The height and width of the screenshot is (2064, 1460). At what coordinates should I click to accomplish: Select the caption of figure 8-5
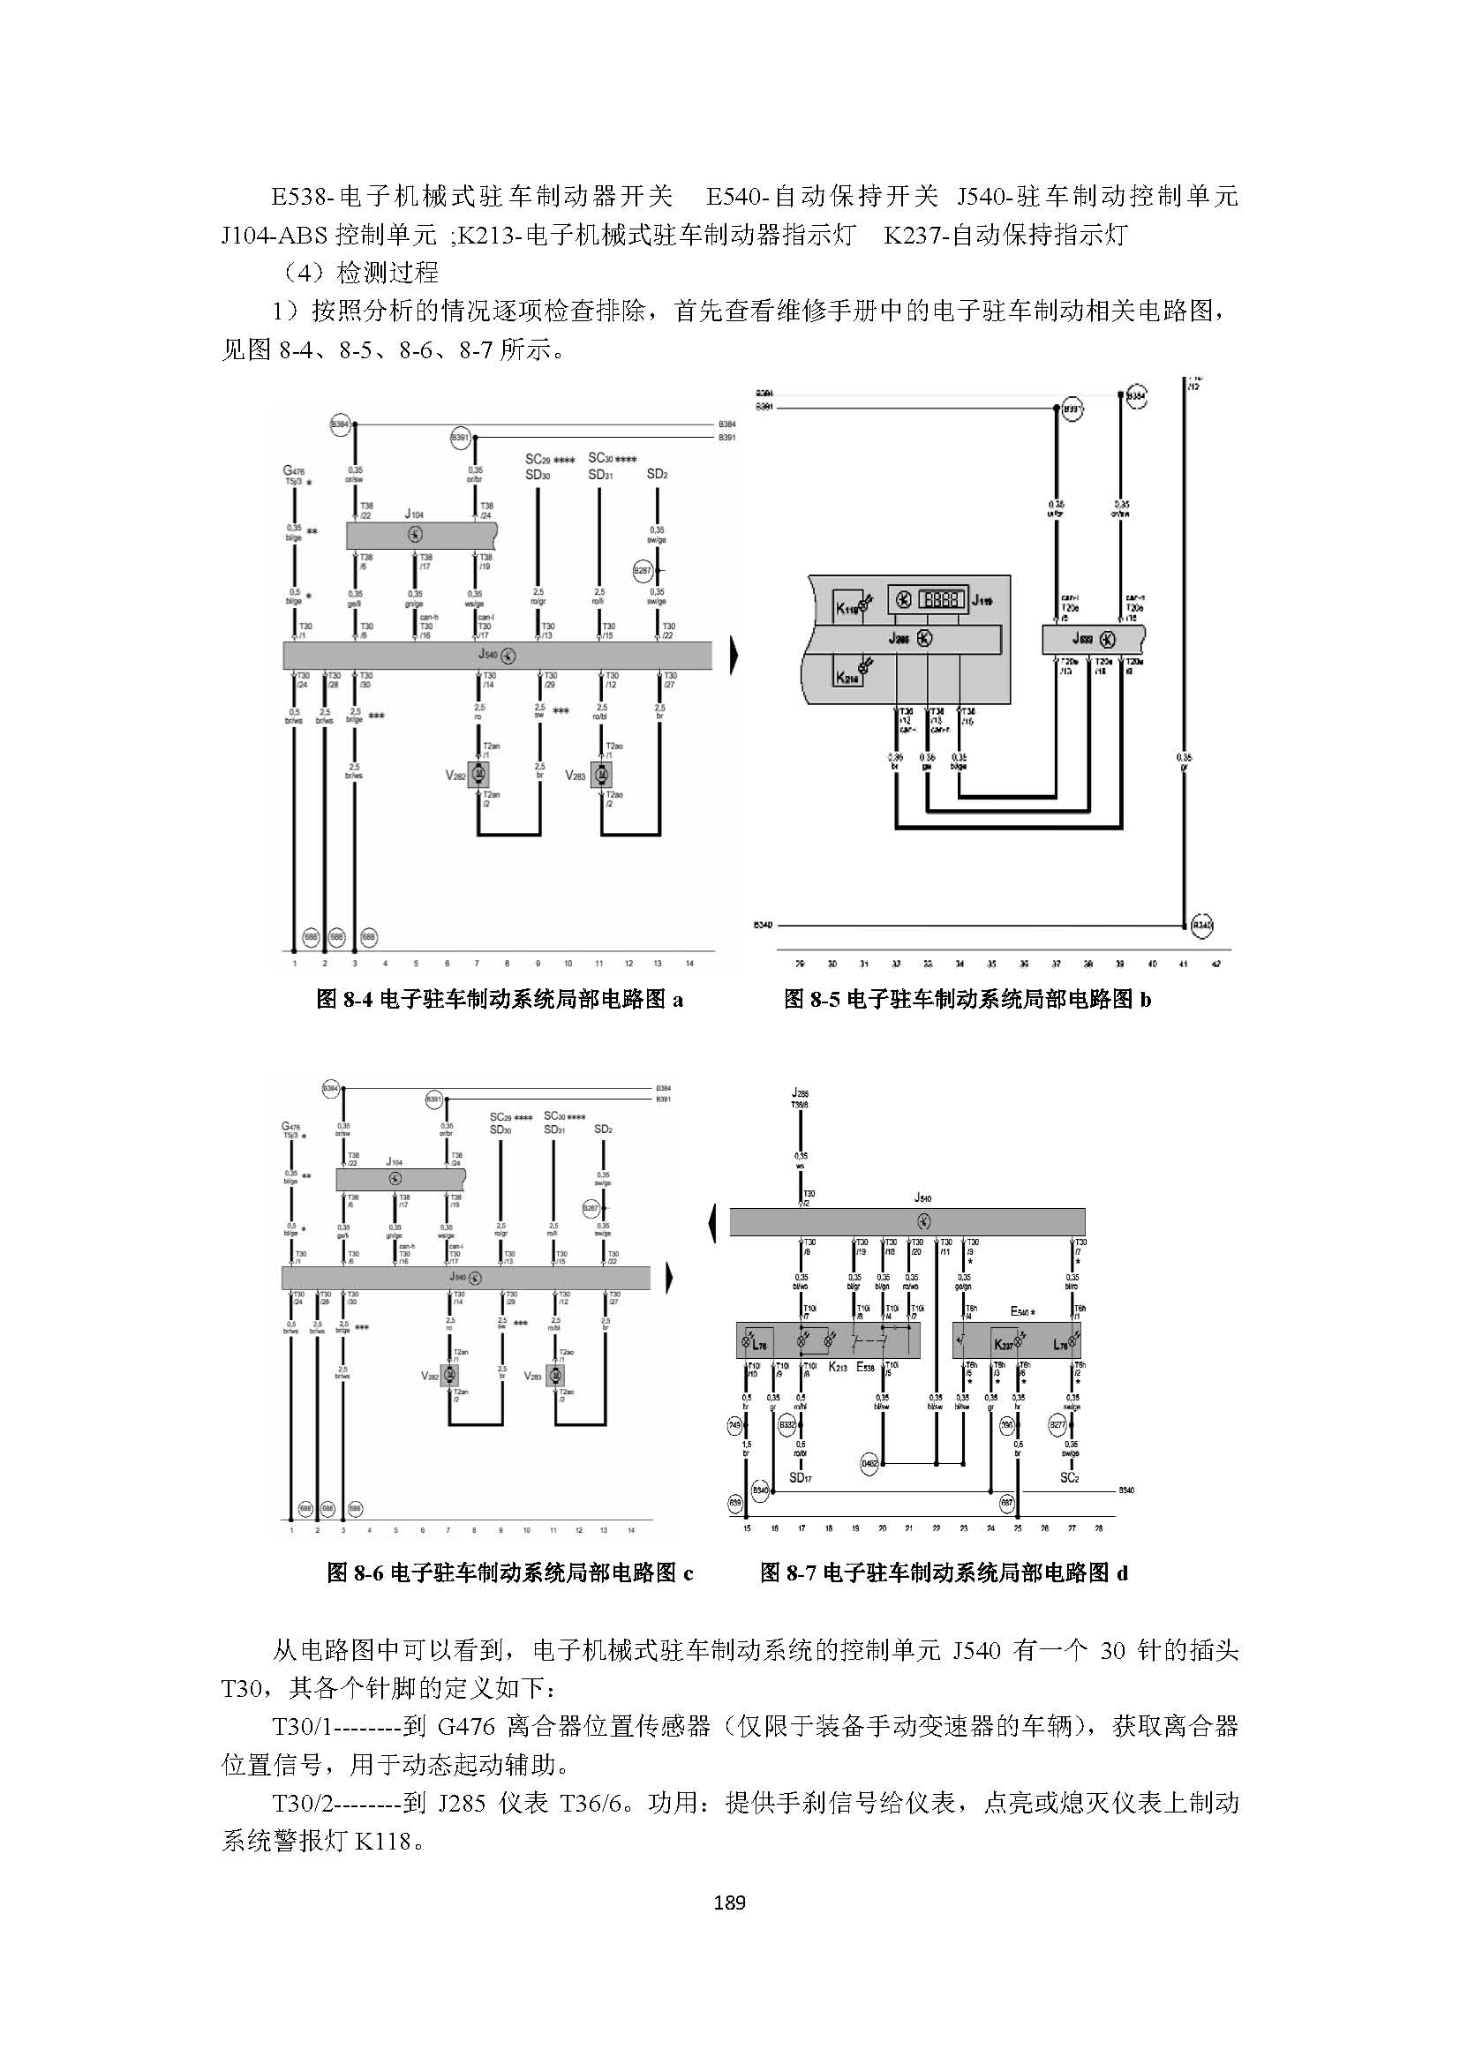pos(967,999)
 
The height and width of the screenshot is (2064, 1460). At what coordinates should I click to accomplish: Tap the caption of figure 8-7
pos(944,1572)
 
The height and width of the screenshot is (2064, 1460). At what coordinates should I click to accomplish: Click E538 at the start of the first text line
pos(302,196)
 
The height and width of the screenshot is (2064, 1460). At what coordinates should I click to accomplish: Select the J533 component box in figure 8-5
pos(1093,639)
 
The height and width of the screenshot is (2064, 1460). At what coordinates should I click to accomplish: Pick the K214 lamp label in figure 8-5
pos(847,679)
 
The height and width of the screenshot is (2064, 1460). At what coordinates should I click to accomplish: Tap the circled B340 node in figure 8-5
pos(1202,924)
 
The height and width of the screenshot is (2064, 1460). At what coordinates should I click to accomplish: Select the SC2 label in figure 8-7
pos(1069,1478)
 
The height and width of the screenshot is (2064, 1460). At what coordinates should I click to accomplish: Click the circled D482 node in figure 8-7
pos(869,1463)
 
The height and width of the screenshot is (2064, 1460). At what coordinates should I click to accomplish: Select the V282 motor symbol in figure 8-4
pos(478,774)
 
